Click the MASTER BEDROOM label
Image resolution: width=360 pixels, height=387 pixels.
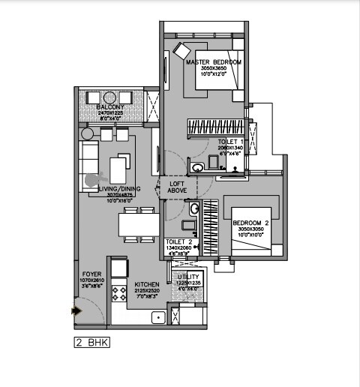[214, 61]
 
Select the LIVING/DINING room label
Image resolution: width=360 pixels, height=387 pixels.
[120, 190]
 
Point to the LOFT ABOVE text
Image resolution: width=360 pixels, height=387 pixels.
[177, 187]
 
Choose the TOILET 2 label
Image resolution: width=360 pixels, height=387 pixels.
[179, 241]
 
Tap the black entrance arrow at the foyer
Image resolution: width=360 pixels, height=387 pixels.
[75, 308]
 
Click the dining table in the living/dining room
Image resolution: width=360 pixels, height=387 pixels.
[139, 224]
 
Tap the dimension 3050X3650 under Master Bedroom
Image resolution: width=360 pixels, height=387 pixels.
[214, 68]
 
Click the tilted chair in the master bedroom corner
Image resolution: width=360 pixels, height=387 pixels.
[182, 51]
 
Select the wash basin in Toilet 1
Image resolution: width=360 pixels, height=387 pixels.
[196, 167]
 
